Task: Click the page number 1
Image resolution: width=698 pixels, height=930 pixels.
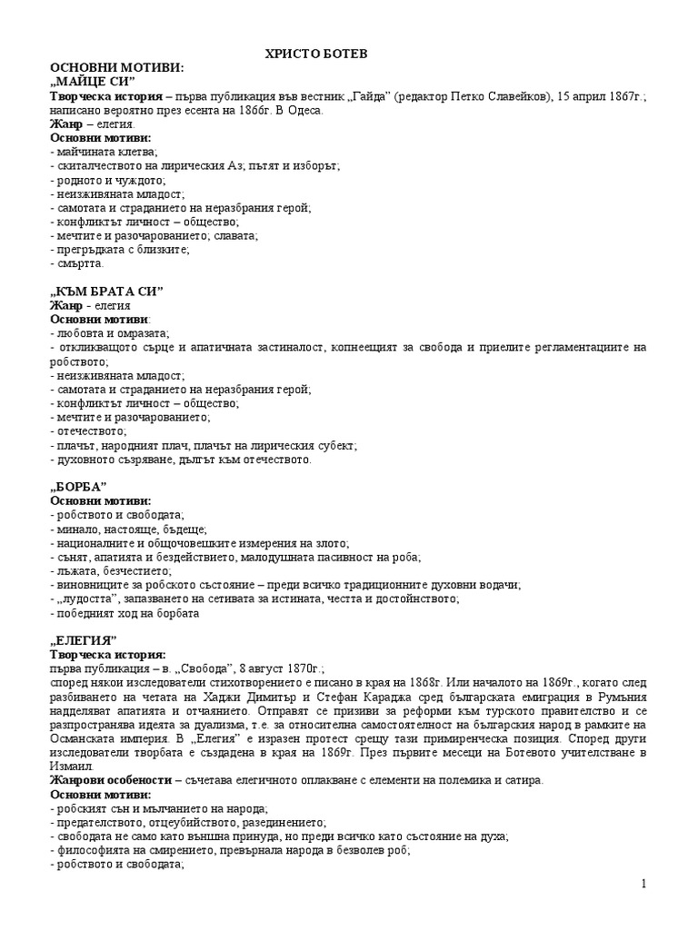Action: click(669, 885)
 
